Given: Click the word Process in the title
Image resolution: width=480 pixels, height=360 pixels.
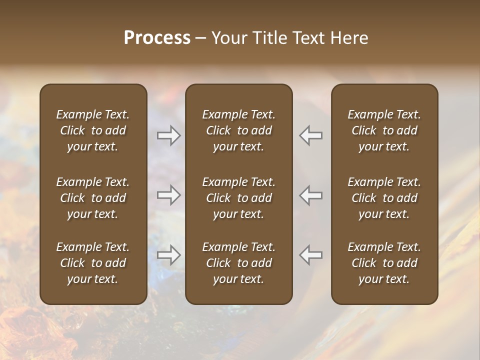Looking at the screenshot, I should (157, 37).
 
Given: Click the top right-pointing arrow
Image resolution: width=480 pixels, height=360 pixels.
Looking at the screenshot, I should (168, 135).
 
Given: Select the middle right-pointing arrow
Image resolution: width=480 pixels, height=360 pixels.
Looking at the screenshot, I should (168, 195).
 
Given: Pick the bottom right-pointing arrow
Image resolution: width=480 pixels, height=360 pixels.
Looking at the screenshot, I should (168, 255).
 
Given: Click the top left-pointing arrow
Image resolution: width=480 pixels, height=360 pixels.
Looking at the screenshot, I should (311, 135).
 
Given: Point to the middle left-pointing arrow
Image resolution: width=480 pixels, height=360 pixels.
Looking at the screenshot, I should (311, 195).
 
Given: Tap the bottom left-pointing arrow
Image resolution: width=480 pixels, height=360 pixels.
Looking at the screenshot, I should (311, 255).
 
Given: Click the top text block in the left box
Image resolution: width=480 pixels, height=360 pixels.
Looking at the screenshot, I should (93, 130).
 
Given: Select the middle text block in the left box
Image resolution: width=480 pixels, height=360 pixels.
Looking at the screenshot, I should (93, 198).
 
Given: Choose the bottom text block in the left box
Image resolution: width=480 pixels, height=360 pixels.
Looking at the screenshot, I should (93, 263).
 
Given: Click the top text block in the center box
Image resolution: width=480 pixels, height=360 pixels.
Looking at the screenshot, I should (238, 130).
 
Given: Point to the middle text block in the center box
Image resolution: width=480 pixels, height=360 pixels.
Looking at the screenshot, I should (238, 198).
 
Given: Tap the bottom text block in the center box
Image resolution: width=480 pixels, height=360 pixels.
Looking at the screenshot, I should (238, 263).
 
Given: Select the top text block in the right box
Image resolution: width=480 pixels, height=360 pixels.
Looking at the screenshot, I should (384, 130).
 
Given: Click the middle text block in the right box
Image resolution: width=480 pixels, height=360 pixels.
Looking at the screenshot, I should (384, 198).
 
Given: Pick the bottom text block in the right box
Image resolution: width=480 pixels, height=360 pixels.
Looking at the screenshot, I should (384, 263).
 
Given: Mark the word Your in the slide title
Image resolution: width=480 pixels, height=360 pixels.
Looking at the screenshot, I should (227, 37).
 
